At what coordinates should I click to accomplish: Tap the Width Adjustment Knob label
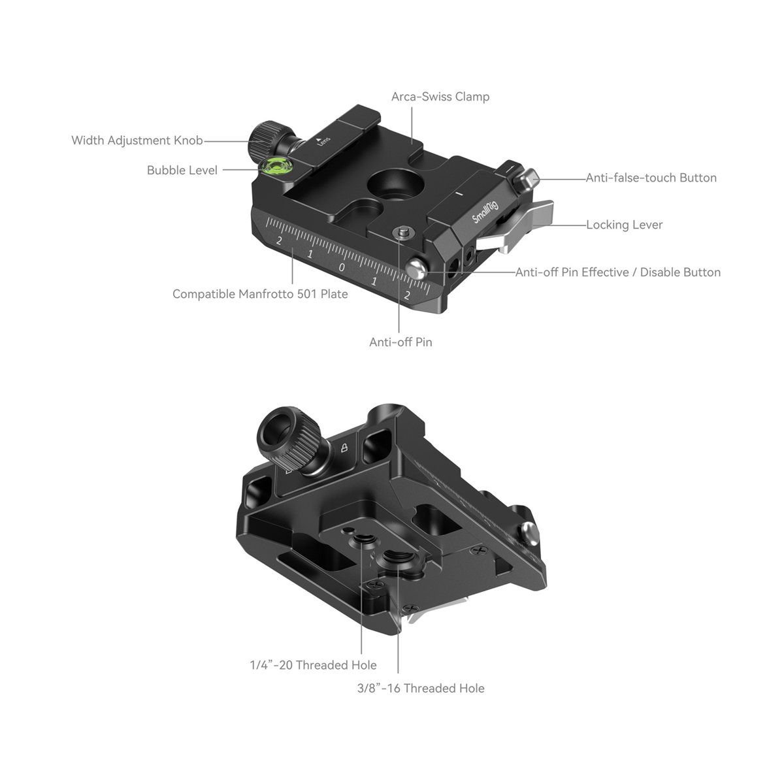(x=137, y=140)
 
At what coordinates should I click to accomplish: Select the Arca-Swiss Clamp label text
(x=440, y=97)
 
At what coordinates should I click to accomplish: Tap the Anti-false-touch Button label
(x=651, y=178)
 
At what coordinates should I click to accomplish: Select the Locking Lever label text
(x=624, y=225)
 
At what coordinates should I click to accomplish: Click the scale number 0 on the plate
(x=342, y=267)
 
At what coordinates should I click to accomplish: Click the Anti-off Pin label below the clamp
(x=400, y=342)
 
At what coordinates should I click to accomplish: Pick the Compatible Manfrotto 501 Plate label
(x=260, y=294)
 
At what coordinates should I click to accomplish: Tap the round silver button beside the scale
(x=416, y=267)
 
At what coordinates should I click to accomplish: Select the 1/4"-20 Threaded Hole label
(x=313, y=665)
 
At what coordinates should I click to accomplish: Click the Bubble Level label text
(x=182, y=171)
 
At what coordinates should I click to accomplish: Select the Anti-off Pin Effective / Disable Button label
(x=617, y=272)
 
